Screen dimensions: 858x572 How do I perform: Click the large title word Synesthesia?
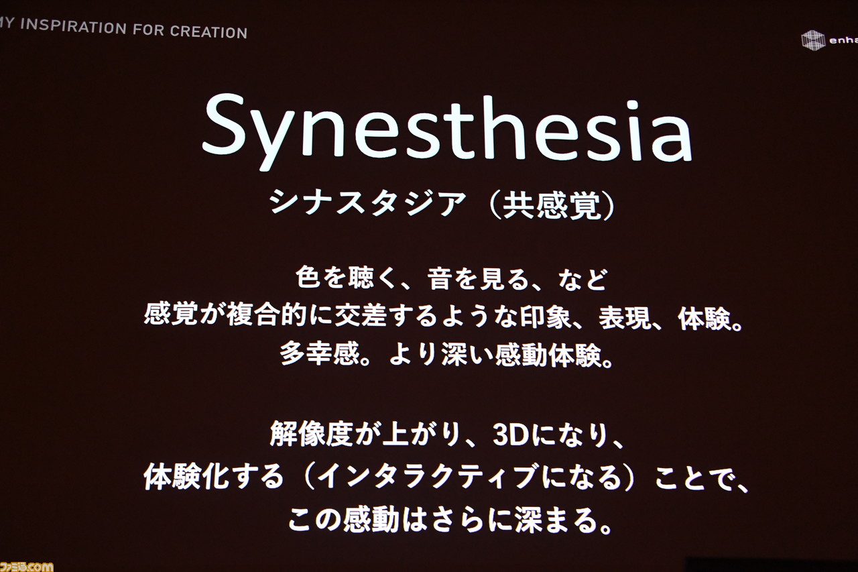click(447, 131)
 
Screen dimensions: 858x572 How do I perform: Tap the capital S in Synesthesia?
click(225, 125)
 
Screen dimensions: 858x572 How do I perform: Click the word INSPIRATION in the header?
click(73, 26)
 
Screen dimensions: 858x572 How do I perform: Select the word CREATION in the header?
click(208, 32)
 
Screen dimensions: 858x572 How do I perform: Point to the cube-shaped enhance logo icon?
click(813, 40)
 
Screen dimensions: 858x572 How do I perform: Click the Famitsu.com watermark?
click(26, 566)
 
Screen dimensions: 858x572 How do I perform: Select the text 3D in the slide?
click(511, 436)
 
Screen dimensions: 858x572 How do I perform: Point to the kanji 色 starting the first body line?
click(308, 277)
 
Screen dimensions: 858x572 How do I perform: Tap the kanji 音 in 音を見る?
click(439, 278)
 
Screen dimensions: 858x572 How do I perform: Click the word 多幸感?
click(320, 353)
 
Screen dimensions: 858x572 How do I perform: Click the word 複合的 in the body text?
click(267, 315)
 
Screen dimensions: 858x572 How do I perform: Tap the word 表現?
click(625, 318)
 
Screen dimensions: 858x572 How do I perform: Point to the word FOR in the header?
click(149, 30)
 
